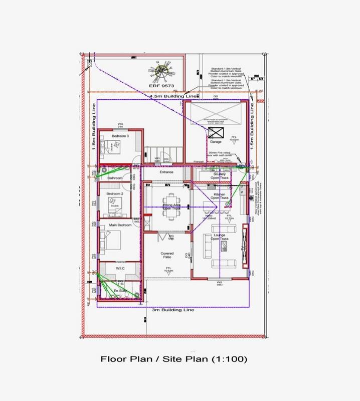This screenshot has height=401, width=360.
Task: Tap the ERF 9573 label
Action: click(x=162, y=86)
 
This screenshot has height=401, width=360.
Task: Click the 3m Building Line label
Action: click(x=173, y=309)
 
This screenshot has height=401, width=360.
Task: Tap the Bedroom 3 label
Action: click(x=120, y=136)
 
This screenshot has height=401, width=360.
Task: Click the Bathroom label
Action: click(x=114, y=177)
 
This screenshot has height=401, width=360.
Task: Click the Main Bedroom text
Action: click(x=120, y=225)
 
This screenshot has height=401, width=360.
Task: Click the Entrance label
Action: click(x=166, y=172)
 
